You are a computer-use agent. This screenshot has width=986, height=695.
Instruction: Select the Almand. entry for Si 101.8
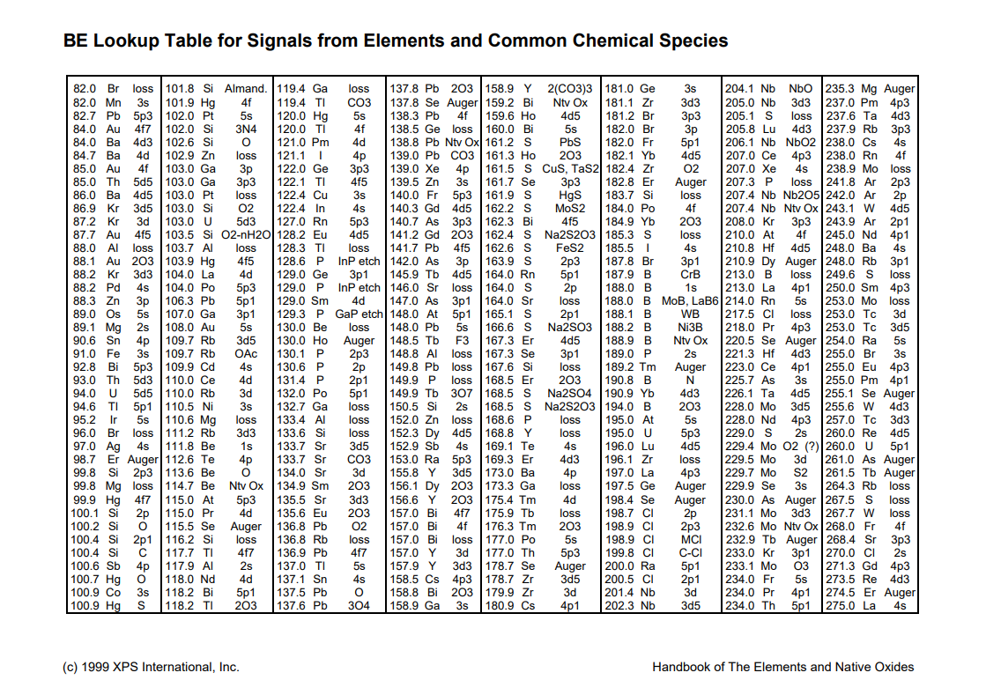[x=246, y=89]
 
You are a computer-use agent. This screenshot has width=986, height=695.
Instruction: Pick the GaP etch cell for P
[x=359, y=314]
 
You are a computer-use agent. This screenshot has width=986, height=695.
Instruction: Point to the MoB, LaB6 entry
[x=691, y=300]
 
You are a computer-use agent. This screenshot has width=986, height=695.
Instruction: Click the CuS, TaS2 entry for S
[x=570, y=167]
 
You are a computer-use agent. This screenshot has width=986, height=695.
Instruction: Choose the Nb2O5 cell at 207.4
[x=801, y=194]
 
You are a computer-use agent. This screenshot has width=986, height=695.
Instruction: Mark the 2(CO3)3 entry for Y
[x=570, y=89]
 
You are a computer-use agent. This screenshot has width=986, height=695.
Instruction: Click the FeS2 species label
[x=570, y=248]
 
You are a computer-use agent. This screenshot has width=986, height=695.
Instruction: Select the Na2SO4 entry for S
[x=570, y=392]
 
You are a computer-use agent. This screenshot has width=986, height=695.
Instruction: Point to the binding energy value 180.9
[x=500, y=605]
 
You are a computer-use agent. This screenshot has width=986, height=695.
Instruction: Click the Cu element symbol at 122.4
[x=320, y=194]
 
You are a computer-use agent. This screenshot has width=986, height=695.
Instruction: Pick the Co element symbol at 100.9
[x=113, y=592]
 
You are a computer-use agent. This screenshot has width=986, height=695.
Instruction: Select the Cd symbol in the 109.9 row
[x=208, y=366]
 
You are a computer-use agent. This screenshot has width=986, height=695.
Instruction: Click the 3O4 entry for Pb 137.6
[x=359, y=605]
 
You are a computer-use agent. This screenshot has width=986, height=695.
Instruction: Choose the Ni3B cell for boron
[x=691, y=327]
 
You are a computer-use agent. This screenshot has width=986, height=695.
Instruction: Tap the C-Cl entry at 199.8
[x=691, y=552]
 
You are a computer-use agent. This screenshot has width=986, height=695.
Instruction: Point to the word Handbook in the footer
[x=682, y=667]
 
